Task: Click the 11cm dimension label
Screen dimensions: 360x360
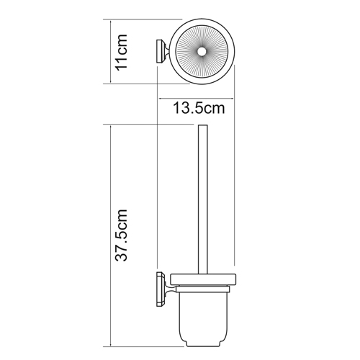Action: pos(122,52)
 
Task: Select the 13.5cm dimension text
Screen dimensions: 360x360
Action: pos(199,108)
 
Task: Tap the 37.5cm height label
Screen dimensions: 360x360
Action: pos(121,235)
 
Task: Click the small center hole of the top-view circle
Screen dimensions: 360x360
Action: pos(201,51)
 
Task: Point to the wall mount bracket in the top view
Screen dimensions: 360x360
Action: pos(163,52)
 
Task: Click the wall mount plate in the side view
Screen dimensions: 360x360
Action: pos(160,289)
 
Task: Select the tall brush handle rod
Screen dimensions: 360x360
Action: pos(203,199)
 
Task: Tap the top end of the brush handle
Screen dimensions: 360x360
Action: pos(203,125)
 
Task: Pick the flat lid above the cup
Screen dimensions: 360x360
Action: pos(203,279)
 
